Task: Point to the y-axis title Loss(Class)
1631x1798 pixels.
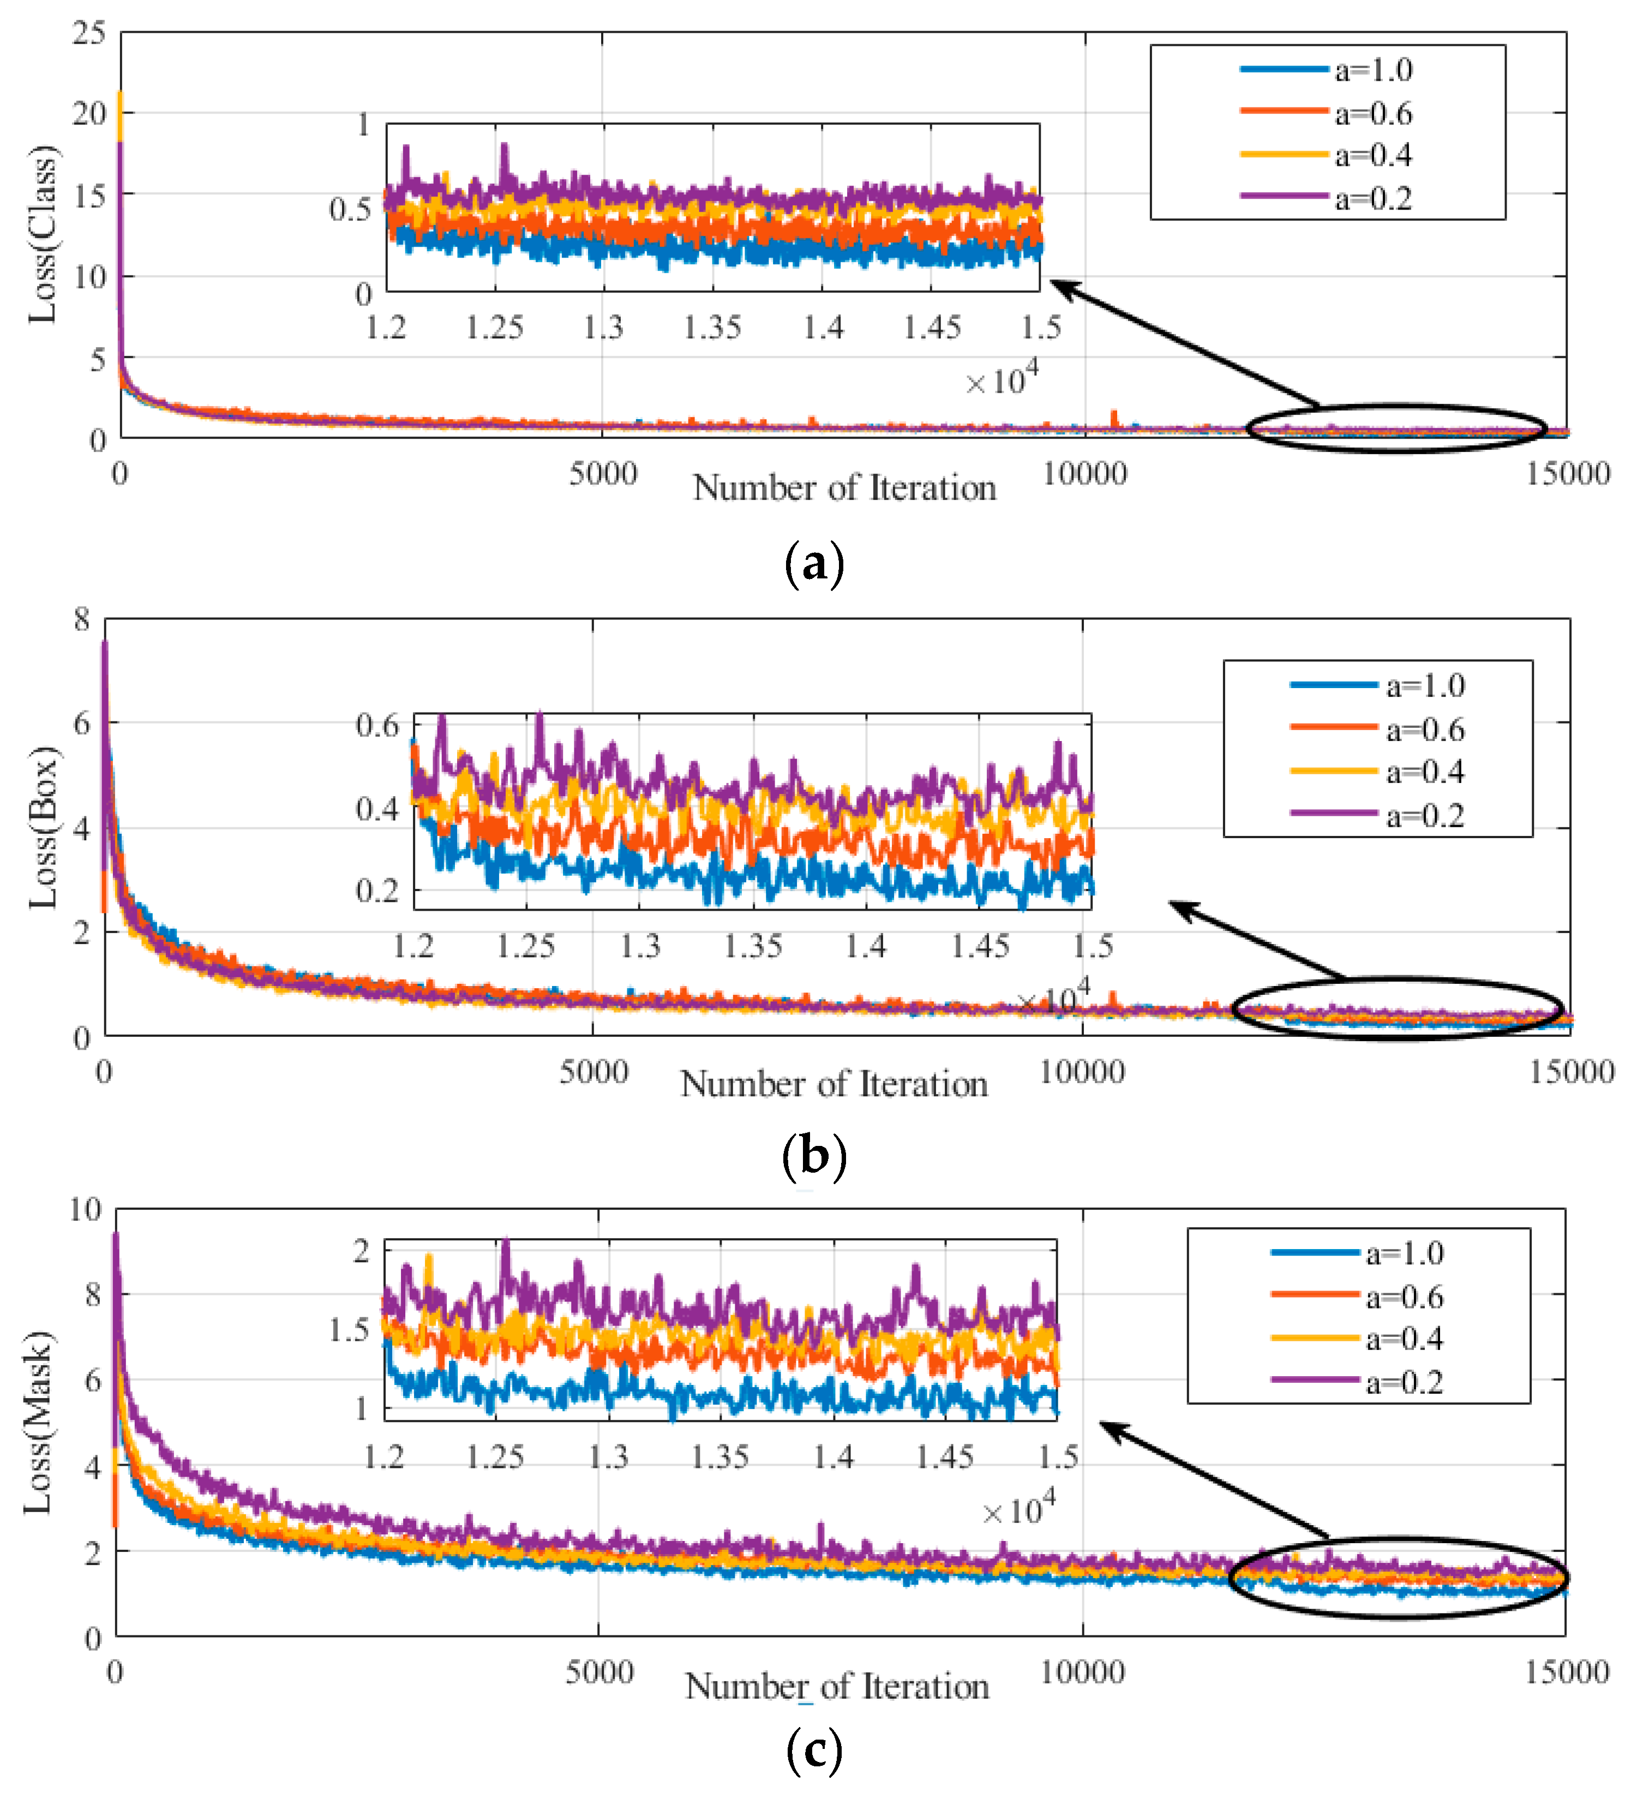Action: (x=43, y=234)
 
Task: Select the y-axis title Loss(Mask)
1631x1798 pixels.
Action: (x=38, y=1421)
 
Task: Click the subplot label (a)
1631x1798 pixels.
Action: (x=813, y=565)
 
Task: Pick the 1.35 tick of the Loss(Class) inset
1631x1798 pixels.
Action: (x=712, y=327)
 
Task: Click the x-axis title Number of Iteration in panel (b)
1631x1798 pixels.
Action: (x=834, y=1084)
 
